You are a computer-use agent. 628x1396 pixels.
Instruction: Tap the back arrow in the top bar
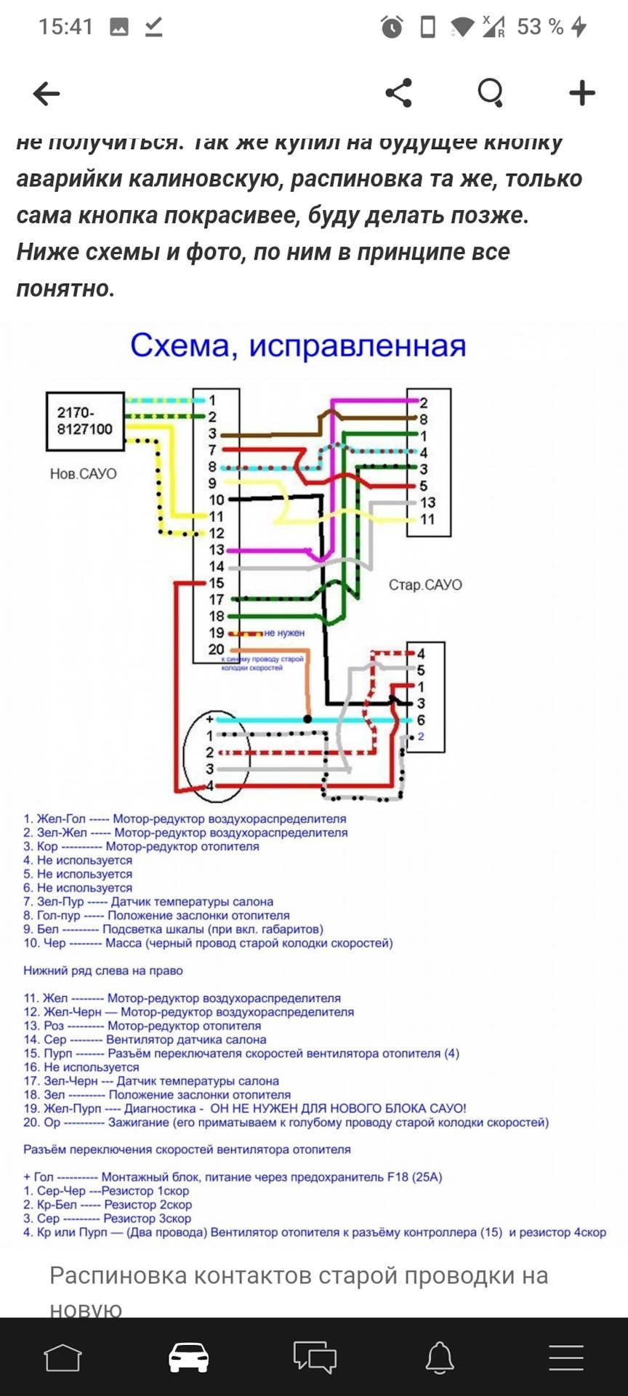coord(47,94)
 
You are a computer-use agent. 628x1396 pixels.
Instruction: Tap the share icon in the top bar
coord(398,93)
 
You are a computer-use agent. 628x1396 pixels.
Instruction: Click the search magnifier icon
coord(491,93)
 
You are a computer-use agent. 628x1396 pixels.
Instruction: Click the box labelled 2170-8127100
coord(85,421)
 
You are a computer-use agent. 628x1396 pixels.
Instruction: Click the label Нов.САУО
coord(83,474)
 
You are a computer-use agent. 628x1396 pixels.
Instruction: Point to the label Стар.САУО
coord(425,585)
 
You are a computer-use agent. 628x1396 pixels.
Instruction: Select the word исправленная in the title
coord(358,346)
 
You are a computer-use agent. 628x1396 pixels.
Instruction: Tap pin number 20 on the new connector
coord(217,649)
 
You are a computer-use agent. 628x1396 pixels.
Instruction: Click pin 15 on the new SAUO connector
coord(217,583)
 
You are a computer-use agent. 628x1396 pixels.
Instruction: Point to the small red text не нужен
coord(284,633)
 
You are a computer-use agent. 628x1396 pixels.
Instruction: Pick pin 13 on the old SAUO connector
coord(427,502)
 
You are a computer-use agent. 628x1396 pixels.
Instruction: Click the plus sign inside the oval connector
coord(209,719)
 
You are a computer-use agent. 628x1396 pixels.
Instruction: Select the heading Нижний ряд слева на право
coord(103,971)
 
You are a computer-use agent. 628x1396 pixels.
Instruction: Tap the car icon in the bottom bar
coord(189,1357)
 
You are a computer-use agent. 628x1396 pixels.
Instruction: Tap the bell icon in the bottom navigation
coord(440,1357)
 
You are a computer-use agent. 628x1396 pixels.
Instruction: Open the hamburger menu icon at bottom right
coord(566,1357)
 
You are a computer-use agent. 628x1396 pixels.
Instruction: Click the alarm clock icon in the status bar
coord(392,28)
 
